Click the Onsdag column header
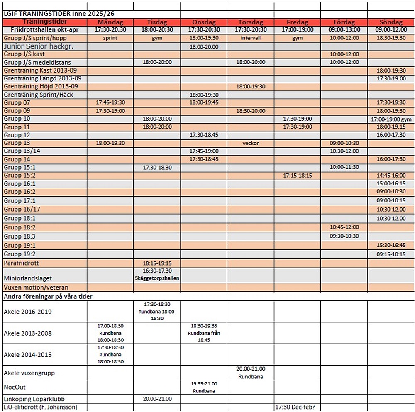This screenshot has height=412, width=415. coord(204,22)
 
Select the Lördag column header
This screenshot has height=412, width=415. coord(344,22)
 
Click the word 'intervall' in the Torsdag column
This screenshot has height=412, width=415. coord(251,38)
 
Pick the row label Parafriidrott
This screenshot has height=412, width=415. coord(22,263)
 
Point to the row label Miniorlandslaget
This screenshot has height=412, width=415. coord(28,278)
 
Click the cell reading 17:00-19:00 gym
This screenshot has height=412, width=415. coord(391,119)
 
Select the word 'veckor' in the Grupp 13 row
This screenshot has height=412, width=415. coord(251,143)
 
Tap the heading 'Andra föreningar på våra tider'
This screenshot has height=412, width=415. coord(48,296)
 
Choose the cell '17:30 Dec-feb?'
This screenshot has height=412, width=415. coord(297,407)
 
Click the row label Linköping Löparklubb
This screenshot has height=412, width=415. coord(34,399)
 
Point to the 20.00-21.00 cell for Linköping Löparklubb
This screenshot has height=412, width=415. coord(157,399)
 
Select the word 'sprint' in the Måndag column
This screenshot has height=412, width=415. coord(110,38)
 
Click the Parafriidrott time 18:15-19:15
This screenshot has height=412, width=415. coord(157,263)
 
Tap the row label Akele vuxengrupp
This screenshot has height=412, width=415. coord(29,373)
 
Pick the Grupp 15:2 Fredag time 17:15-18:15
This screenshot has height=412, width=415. coord(297,176)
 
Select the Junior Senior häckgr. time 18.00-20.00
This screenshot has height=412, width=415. coord(204,46)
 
